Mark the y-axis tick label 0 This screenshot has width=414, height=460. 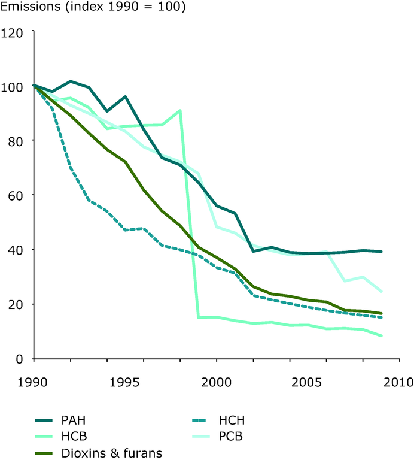tap(19, 359)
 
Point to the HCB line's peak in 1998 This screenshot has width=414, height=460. tap(179, 110)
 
